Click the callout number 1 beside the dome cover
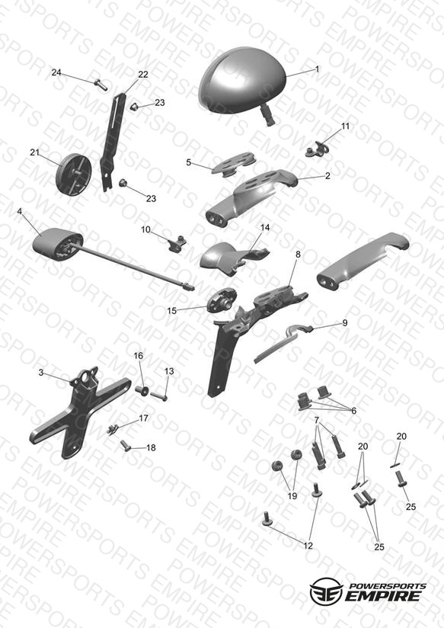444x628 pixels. point(318,69)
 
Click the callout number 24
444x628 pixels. point(56,72)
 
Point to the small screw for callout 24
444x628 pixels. point(101,85)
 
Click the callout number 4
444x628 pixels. point(20,211)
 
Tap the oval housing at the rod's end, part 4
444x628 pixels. point(57,244)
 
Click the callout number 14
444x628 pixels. point(265,227)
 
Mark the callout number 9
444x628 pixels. point(345,323)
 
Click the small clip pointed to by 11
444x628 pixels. point(317,148)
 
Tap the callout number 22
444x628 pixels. point(143,75)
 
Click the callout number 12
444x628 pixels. point(308,546)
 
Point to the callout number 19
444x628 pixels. point(292,496)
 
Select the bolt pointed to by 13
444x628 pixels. point(159,396)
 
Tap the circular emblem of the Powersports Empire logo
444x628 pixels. point(326,591)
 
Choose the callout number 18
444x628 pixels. point(151,447)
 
